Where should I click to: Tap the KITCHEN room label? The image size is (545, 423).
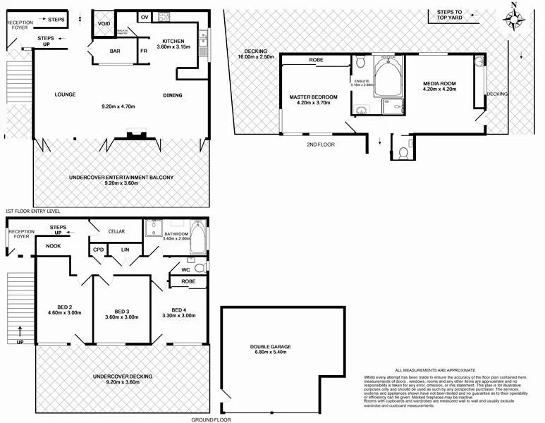point(173,40)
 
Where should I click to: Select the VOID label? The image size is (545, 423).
point(104,23)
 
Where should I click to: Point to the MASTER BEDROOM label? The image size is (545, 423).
point(314,97)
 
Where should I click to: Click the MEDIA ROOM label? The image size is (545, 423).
point(439,84)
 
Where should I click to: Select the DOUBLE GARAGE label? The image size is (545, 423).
point(269,347)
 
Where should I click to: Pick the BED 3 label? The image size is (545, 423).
point(122,312)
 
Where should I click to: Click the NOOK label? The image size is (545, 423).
point(54,246)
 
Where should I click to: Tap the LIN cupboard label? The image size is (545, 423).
point(125,250)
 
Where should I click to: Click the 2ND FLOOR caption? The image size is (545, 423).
point(321,145)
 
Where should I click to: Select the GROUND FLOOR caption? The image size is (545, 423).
point(211,419)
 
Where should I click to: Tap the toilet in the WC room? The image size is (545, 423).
point(200,267)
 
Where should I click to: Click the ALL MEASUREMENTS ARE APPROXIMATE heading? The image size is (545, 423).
point(435,370)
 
